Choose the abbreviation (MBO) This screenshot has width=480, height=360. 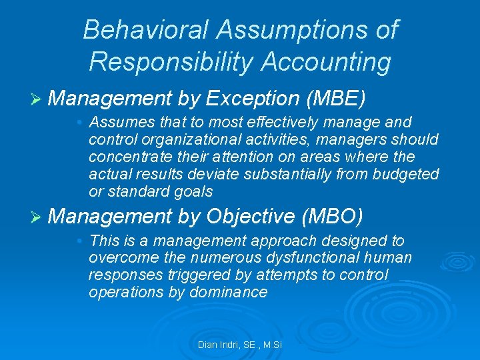[x=332, y=216]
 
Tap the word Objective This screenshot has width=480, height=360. [x=251, y=216]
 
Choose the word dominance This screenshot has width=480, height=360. [x=231, y=292]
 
